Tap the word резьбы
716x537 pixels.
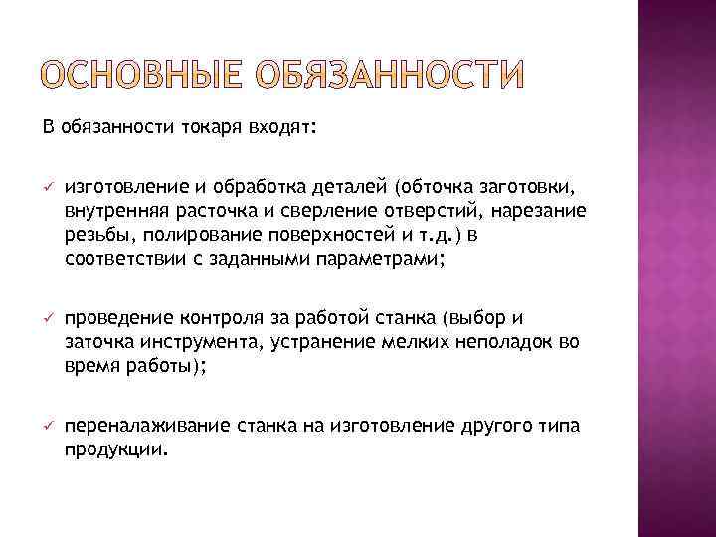(93, 235)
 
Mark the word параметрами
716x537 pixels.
(382, 259)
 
